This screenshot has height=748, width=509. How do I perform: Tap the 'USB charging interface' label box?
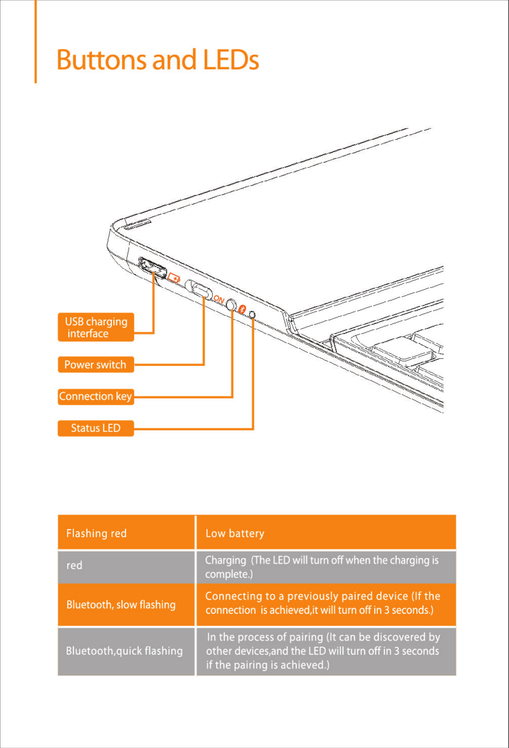pyautogui.click(x=96, y=327)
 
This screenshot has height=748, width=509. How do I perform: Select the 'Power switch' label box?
pyautogui.click(x=96, y=364)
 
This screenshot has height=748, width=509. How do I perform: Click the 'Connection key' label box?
pyautogui.click(x=96, y=396)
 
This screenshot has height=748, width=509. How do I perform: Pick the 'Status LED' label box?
pyautogui.click(x=96, y=428)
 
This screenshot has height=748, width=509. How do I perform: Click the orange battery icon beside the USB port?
pyautogui.click(x=174, y=277)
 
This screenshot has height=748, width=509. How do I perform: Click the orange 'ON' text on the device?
pyautogui.click(x=219, y=299)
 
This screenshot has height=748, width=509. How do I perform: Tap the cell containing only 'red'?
pyautogui.click(x=126, y=566)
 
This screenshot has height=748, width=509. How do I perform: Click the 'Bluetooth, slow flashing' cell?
pyautogui.click(x=126, y=605)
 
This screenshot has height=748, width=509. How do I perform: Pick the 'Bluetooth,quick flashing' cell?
pyautogui.click(x=126, y=651)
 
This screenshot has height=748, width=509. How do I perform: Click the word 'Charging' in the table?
pyautogui.click(x=226, y=560)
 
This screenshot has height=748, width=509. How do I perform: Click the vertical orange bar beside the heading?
pyautogui.click(x=35, y=42)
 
